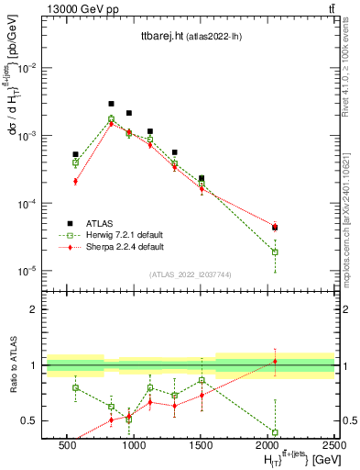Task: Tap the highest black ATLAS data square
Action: coord(111,104)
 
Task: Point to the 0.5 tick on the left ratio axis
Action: coord(34,420)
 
